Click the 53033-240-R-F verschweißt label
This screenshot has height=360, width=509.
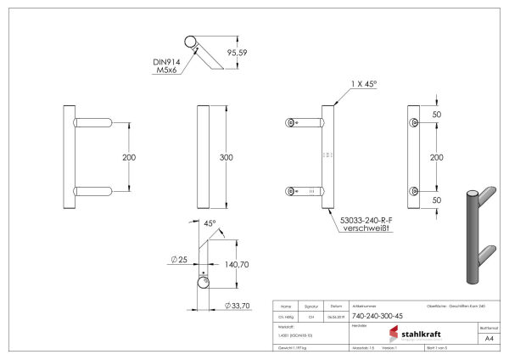(363, 224)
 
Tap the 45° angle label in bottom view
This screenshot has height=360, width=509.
(209, 224)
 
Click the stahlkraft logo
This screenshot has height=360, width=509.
(414, 334)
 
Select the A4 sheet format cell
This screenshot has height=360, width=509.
(488, 338)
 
